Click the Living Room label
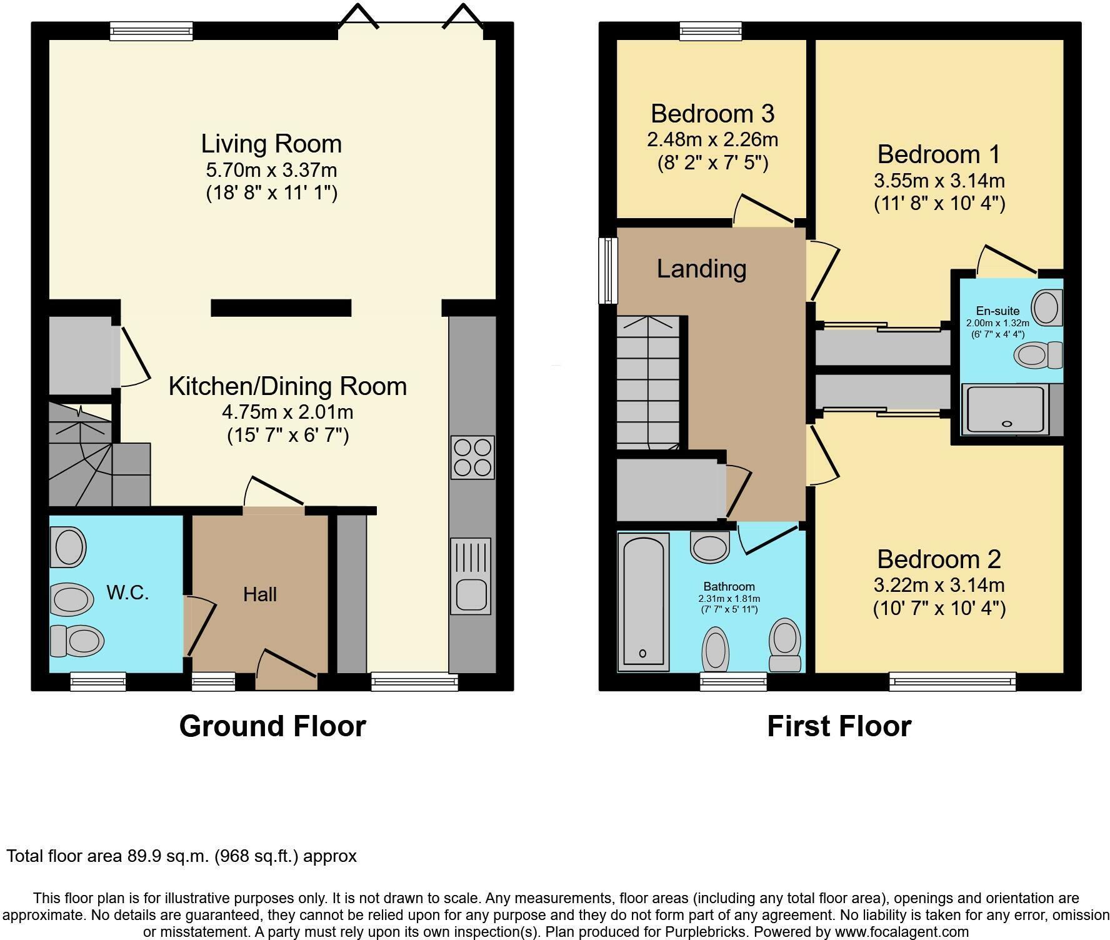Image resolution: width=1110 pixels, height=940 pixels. coord(271,144)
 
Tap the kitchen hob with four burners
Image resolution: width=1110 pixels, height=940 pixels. coord(472,457)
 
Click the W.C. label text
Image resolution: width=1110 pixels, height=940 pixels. coord(127,592)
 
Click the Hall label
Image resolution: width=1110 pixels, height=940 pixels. coord(260,594)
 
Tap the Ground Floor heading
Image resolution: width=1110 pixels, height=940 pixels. coord(272,726)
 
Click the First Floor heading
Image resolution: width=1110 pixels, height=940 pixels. coord(839,726)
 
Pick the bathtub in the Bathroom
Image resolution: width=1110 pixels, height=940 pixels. coord(643,602)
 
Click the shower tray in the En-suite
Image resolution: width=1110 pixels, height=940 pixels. coord(1006,410)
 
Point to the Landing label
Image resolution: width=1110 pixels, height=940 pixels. coord(701,269)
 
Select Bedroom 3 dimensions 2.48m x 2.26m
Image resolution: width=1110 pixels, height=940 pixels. coord(712,139)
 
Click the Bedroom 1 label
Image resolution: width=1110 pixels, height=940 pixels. coord(939,154)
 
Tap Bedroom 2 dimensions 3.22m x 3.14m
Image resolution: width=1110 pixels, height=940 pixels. coord(939,586)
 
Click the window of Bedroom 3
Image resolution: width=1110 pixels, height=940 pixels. coord(711,31)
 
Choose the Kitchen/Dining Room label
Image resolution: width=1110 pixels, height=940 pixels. coord(287,386)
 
